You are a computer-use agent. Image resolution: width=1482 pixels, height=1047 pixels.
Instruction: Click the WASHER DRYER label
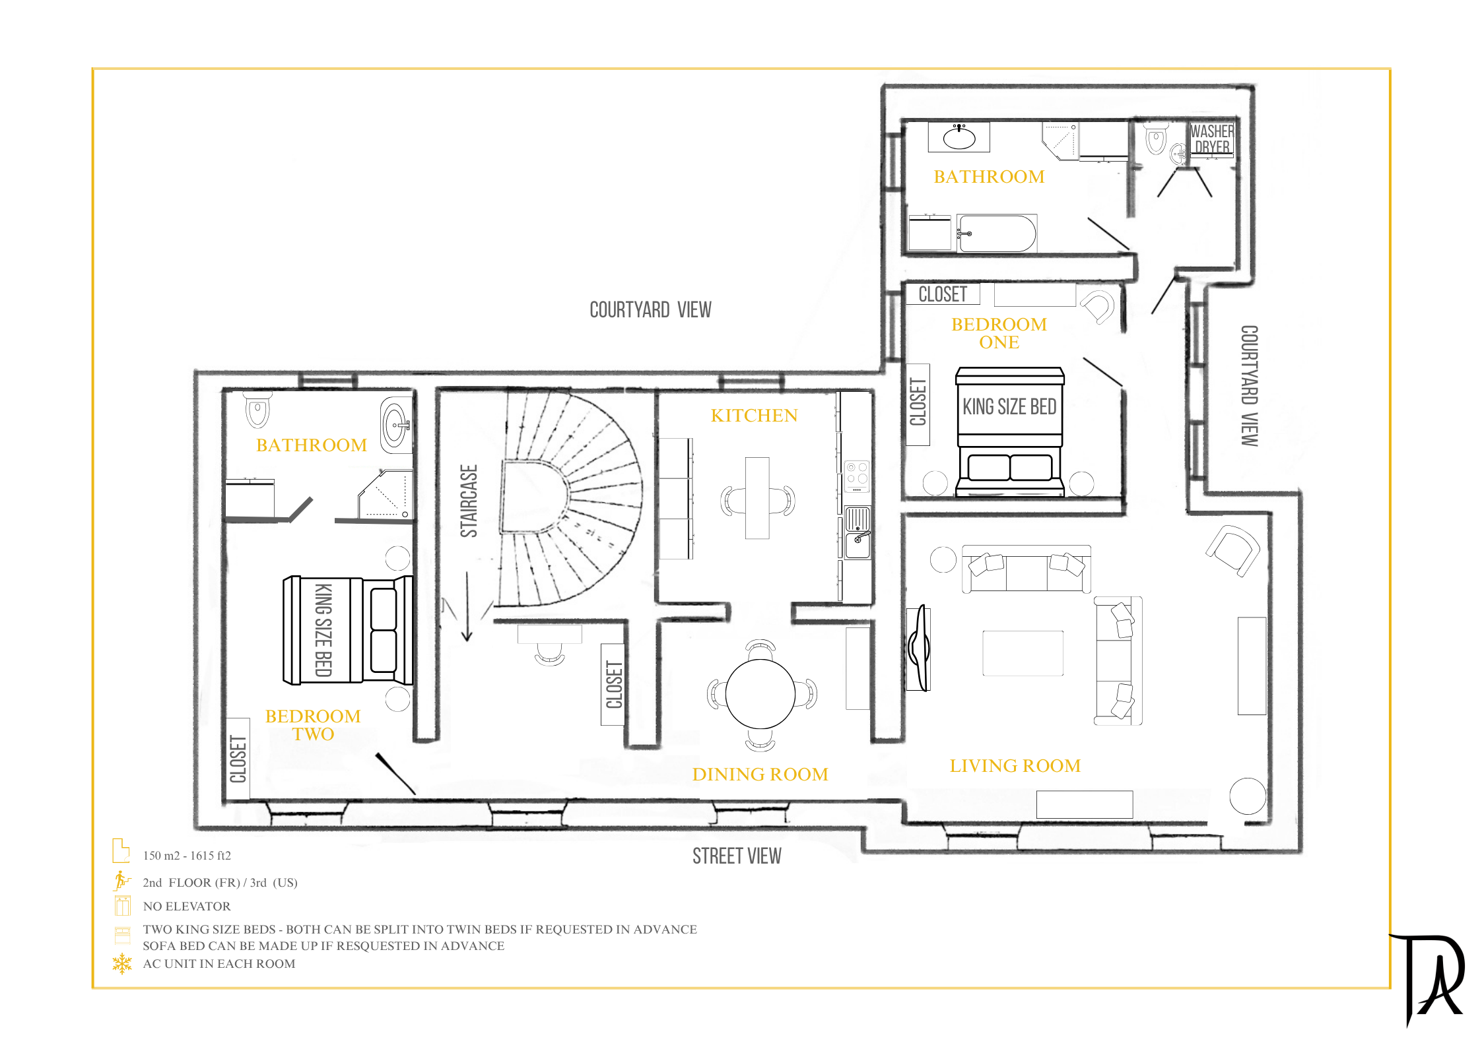[x=1212, y=139]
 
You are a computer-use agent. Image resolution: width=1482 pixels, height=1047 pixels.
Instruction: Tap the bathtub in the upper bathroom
[x=997, y=233]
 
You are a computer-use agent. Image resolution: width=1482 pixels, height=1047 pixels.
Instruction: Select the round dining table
[x=760, y=694]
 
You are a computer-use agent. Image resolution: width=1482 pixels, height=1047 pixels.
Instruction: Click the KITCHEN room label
[x=754, y=415]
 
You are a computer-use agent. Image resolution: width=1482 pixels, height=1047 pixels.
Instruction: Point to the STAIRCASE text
[x=469, y=501]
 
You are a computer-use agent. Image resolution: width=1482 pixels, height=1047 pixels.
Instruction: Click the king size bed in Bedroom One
[x=1010, y=431]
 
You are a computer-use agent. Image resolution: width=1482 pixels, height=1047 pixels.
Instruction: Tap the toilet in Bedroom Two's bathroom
[x=257, y=410]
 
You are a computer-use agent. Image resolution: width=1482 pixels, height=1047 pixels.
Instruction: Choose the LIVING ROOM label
[x=1015, y=765]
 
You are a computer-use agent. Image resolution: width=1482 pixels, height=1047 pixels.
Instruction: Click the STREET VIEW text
[x=737, y=856]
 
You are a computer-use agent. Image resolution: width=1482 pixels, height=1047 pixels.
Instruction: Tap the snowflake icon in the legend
[x=122, y=964]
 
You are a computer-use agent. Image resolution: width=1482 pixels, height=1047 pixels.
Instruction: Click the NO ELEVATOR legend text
[x=187, y=906]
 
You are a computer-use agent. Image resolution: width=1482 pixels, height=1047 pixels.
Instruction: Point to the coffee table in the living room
[x=1023, y=653]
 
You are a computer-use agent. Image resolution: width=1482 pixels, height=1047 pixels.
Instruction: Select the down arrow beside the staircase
[x=467, y=606]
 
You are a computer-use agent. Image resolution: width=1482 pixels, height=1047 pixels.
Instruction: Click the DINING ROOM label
[x=760, y=774]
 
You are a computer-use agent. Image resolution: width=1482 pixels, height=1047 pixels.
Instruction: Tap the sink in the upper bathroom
[x=959, y=137]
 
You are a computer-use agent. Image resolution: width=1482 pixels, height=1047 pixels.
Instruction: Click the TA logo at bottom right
[x=1427, y=978]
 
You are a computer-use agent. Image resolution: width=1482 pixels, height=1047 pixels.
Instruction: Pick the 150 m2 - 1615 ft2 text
[x=187, y=856]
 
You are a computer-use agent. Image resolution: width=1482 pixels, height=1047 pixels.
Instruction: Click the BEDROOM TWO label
[x=313, y=725]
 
